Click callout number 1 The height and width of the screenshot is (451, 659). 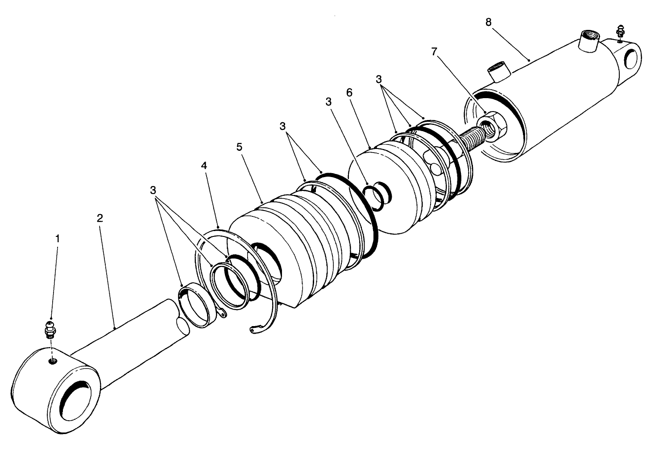click(x=57, y=239)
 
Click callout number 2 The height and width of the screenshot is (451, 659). click(x=99, y=218)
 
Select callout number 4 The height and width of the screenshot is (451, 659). click(x=204, y=166)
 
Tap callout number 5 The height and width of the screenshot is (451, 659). click(x=240, y=147)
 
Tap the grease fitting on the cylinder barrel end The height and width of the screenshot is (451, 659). click(x=620, y=33)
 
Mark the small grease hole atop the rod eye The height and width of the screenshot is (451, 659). click(x=52, y=360)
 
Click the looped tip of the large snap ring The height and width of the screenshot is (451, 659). click(x=253, y=330)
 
